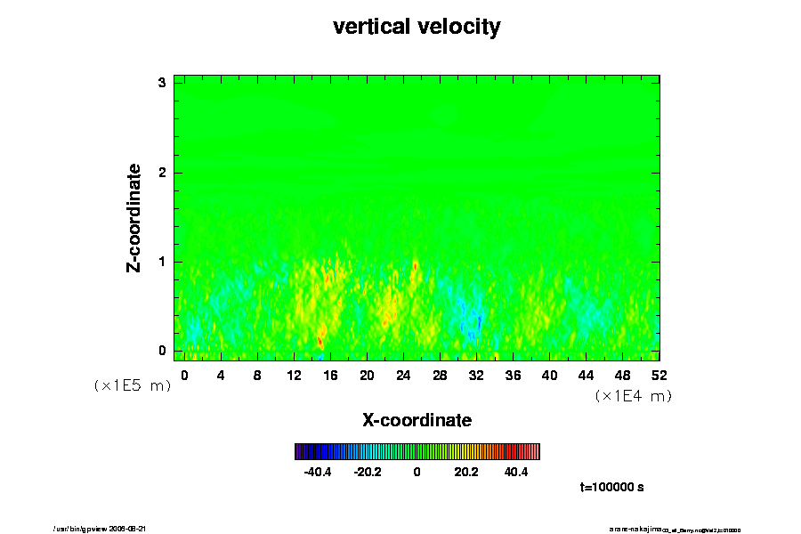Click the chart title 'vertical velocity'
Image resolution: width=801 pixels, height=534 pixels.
point(417,27)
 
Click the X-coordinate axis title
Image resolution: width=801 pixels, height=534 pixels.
point(417,419)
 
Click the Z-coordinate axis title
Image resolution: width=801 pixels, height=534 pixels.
point(134,217)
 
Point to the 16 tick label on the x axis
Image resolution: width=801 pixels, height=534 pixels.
point(330,375)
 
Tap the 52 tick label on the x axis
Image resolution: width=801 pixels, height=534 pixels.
point(659,375)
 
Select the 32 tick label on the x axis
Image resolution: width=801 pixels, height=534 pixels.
point(476,375)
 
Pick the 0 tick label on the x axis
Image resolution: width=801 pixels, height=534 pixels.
point(184,375)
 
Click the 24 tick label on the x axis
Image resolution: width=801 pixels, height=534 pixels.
point(403,375)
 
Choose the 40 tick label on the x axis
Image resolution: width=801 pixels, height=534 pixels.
point(550,375)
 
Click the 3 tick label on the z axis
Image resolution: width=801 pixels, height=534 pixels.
point(163,83)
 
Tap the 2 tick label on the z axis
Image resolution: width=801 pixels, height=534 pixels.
point(163,173)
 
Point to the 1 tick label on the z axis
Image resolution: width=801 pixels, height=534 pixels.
point(163,262)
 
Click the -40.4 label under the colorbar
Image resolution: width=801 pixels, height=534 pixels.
point(318,472)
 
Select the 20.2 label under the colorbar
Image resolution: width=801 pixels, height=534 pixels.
point(466,472)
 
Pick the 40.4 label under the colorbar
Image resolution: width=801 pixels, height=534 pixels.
point(516,472)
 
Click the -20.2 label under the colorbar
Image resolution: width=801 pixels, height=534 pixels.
point(367,472)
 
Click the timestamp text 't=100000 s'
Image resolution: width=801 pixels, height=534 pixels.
point(611,488)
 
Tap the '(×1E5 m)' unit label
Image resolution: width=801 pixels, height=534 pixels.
point(132,385)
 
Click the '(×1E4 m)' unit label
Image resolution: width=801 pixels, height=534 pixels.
point(633,396)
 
